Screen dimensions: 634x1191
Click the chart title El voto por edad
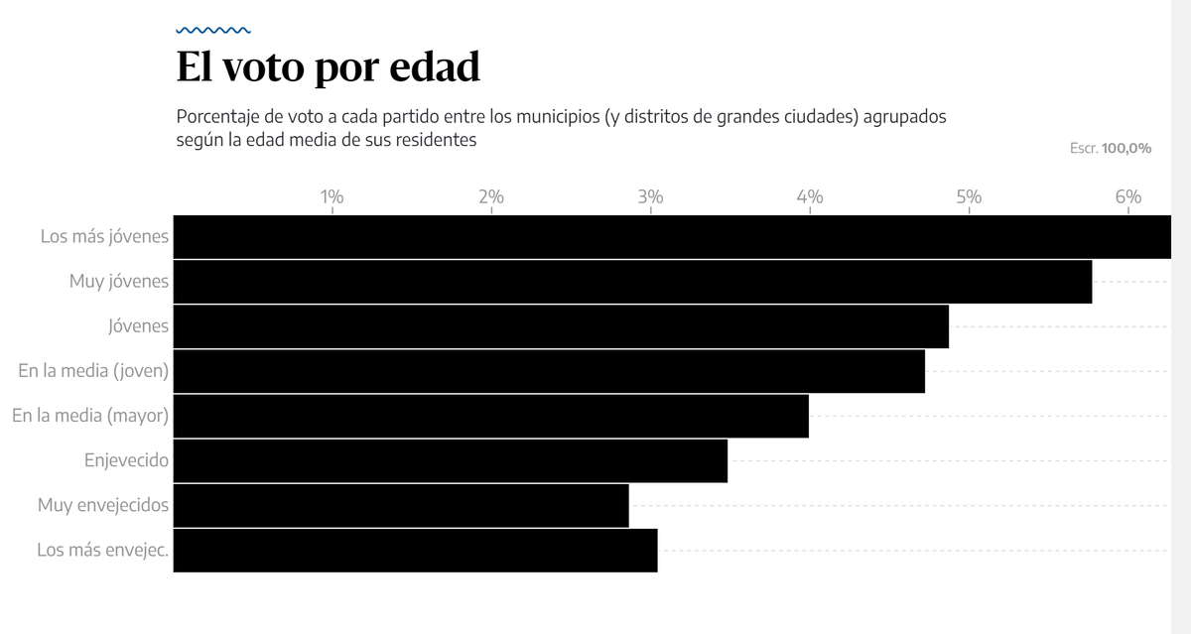328,67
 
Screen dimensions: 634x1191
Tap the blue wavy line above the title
213,31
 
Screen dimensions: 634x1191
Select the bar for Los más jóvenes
672,237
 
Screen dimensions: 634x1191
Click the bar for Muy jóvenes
632,282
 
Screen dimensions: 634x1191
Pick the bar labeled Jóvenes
561,326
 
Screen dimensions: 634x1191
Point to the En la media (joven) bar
549,371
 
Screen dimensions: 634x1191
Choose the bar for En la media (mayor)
491,416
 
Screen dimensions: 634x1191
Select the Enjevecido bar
451,460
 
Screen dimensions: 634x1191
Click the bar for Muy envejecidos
401,505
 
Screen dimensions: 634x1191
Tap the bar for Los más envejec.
415,550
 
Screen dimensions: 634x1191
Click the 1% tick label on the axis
331,196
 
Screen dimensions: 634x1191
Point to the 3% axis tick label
650,196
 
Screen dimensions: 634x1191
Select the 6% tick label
1127,196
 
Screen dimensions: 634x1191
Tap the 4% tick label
810,196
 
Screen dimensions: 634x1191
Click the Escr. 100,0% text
1110,148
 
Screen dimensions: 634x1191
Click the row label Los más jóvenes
104,237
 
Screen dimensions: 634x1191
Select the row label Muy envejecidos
103,505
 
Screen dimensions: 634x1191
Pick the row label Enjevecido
126,460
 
